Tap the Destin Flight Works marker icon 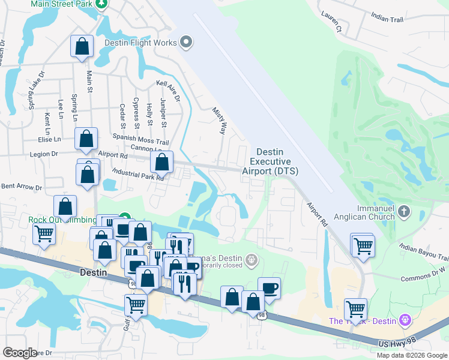[x=186, y=43]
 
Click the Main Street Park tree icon [x=101, y=4]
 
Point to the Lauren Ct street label [x=332, y=23]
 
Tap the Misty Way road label [x=219, y=120]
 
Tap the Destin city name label [x=93, y=272]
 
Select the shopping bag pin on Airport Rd [x=161, y=161]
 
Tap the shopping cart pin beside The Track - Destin [x=356, y=310]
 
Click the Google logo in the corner [x=19, y=352]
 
